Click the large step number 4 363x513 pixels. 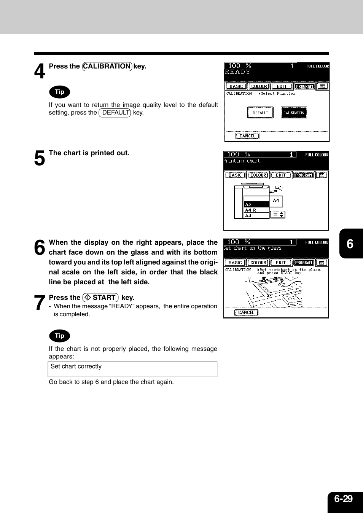pos(40,71)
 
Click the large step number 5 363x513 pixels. pos(40,158)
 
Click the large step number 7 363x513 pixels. pos(40,303)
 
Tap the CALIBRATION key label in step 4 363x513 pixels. pos(107,66)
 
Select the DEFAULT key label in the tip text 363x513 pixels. pos(115,113)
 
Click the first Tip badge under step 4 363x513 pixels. pos(60,92)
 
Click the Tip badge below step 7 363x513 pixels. pos(60,336)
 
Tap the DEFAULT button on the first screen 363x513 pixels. pos(260,113)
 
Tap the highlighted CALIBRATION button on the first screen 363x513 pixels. pos(294,113)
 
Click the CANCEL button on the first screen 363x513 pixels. pos(247,136)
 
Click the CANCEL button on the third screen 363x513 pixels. pos(246,312)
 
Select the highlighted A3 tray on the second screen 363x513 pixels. pos(256,204)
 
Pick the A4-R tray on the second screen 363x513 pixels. pos(256,210)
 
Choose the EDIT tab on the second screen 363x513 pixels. pos(281,175)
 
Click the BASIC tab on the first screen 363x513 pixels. pos(236,86)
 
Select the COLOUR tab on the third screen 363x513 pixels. pos(258,263)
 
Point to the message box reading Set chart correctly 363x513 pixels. pos(132,369)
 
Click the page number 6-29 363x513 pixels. pos(343,499)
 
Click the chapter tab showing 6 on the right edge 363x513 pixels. pos(350,244)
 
